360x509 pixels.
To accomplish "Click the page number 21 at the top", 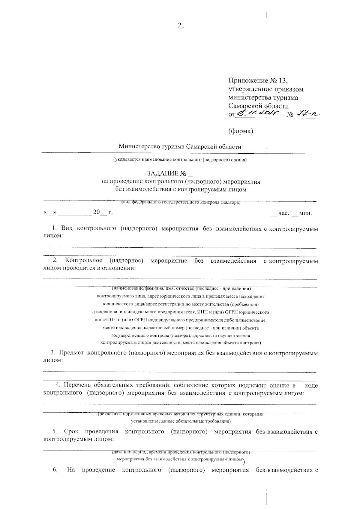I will click(x=181, y=26).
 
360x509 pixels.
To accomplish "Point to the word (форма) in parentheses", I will click(x=241, y=131).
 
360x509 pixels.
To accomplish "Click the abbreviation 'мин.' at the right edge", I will click(x=305, y=213).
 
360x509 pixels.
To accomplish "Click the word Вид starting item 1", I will click(x=67, y=228).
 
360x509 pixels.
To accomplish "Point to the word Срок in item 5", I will click(x=71, y=432).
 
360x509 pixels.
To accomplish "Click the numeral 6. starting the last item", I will click(x=55, y=470).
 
